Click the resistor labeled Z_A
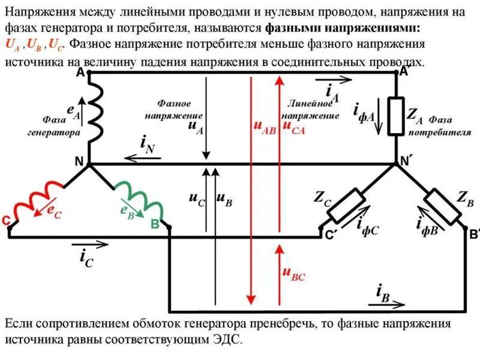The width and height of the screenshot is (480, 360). click(397, 115)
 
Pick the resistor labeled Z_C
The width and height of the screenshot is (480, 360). click(346, 206)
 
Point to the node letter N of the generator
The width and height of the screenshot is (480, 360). click(79, 160)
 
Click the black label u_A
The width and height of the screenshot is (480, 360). click(195, 125)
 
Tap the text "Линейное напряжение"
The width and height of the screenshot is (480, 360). click(310, 109)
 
